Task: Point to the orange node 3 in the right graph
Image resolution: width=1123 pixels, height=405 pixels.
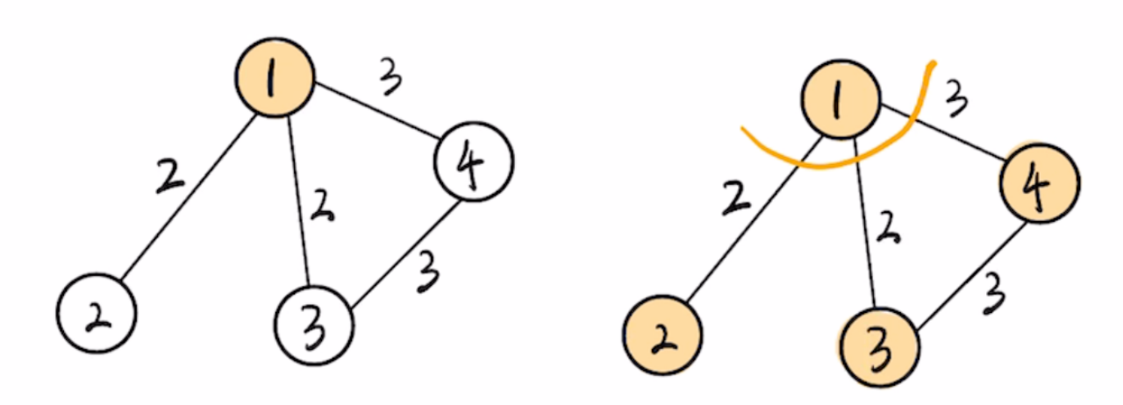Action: point(880,348)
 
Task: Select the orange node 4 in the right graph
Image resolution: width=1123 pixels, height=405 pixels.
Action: point(1040,183)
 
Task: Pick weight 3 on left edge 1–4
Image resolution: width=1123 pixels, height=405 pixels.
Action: point(389,77)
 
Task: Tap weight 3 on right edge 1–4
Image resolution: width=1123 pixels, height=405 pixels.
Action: point(956,99)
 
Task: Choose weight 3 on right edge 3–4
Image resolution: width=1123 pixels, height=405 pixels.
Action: point(992,295)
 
